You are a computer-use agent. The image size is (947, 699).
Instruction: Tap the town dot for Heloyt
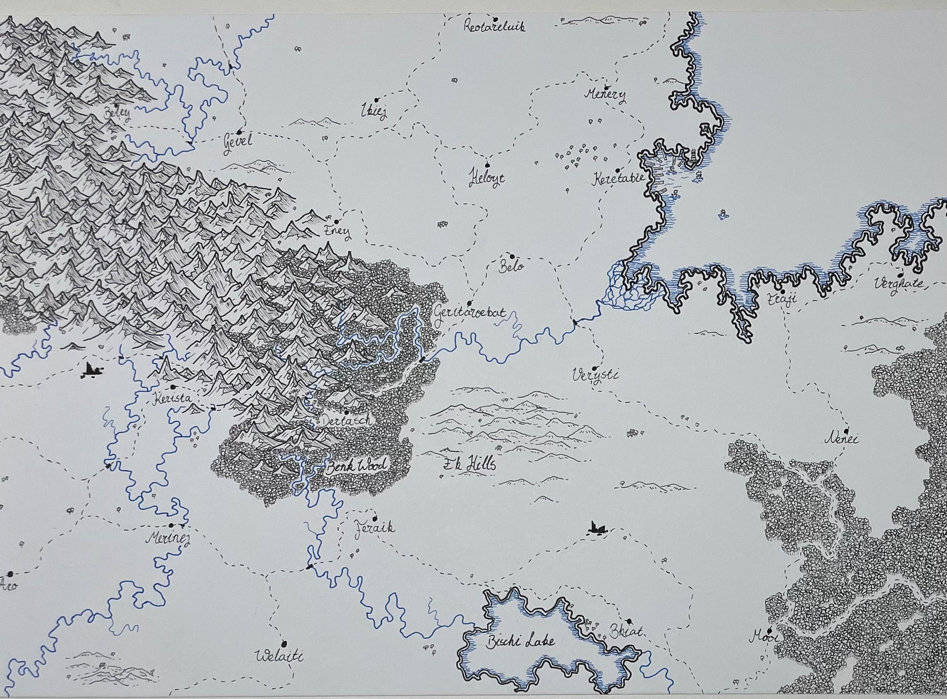click(x=487, y=165)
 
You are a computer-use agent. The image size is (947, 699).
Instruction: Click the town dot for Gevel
click(x=239, y=132)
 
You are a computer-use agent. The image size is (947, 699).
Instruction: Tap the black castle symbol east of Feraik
click(x=597, y=527)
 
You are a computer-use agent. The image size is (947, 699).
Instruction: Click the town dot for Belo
click(x=512, y=256)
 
